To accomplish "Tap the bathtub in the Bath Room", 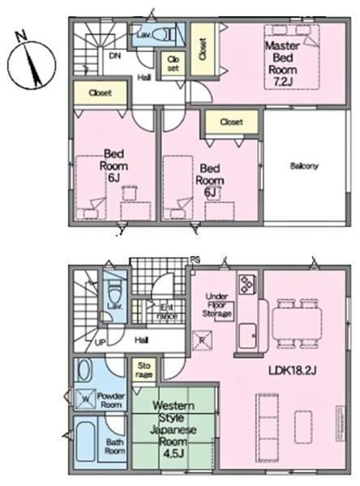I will (x=84, y=441).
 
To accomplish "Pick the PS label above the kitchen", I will (x=195, y=260).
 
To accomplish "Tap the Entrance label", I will (x=168, y=311).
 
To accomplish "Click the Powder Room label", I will (x=110, y=400).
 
